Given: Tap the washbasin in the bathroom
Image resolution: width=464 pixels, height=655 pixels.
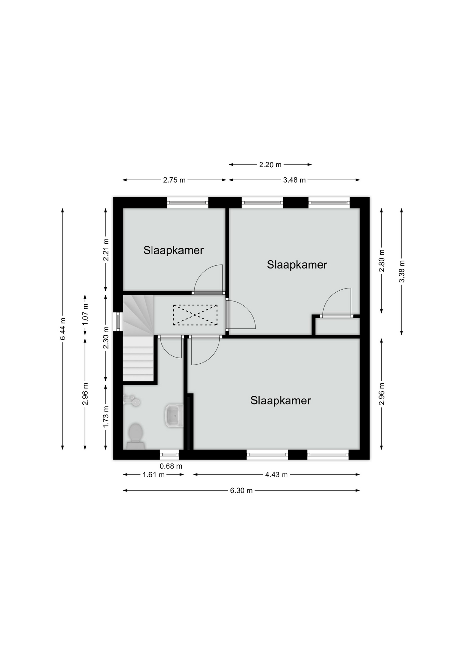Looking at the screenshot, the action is pos(174,416).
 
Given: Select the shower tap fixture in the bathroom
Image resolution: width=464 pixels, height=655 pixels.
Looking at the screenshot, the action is pos(132,400).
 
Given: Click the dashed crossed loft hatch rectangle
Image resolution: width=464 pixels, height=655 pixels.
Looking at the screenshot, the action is pos(195,315).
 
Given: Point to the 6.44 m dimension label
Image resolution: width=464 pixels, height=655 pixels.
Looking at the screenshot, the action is pos(63,329).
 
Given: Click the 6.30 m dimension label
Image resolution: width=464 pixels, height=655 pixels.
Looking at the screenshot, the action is pos(241,491).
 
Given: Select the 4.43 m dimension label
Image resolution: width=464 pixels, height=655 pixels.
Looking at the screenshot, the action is pos(276,475).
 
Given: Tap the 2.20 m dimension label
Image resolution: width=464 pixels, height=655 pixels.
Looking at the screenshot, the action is pos(270,165).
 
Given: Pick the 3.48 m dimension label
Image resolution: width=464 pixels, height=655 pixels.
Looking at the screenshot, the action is pos(294,180).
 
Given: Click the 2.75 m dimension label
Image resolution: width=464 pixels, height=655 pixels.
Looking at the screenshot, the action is pos(174,180).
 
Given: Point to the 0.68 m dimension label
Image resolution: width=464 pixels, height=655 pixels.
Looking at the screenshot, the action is pos(171,466).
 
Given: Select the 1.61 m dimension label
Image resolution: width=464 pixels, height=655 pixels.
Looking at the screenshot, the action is pos(153,475).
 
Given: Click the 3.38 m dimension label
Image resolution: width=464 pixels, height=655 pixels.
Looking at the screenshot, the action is pos(402,271).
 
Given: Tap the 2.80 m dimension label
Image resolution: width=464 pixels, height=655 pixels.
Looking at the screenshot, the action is pos(382,261).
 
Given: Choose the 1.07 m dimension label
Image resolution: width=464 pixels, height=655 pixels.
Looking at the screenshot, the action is pos(85,314).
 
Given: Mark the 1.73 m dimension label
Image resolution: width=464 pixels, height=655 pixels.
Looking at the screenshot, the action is pos(106,417).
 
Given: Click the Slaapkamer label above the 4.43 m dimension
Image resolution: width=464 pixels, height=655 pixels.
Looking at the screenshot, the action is pos(281,401).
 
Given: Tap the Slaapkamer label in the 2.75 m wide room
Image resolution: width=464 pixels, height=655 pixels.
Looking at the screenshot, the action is pos(174,250).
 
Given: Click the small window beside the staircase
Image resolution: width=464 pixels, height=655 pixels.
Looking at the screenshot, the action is pos(118,322).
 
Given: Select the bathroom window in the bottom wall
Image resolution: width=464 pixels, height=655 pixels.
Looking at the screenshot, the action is pos(169,454).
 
